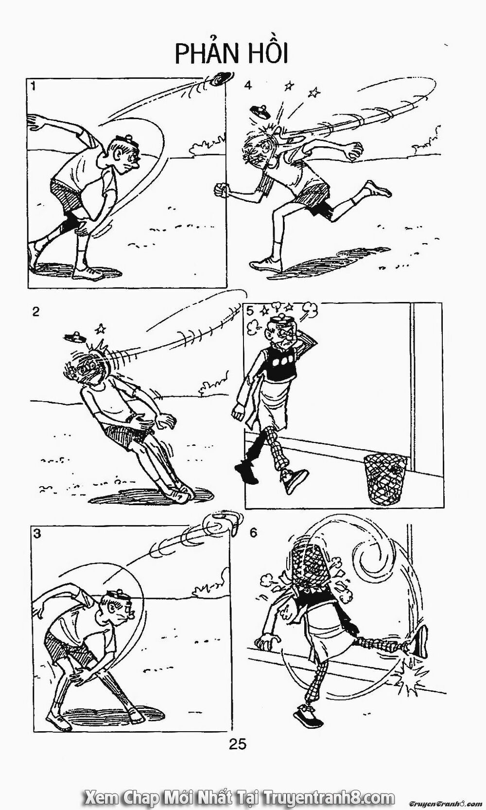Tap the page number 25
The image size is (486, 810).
tap(236, 743)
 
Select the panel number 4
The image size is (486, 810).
tap(248, 86)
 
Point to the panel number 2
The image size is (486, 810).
tap(35, 312)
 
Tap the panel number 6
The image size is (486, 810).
tap(253, 533)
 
